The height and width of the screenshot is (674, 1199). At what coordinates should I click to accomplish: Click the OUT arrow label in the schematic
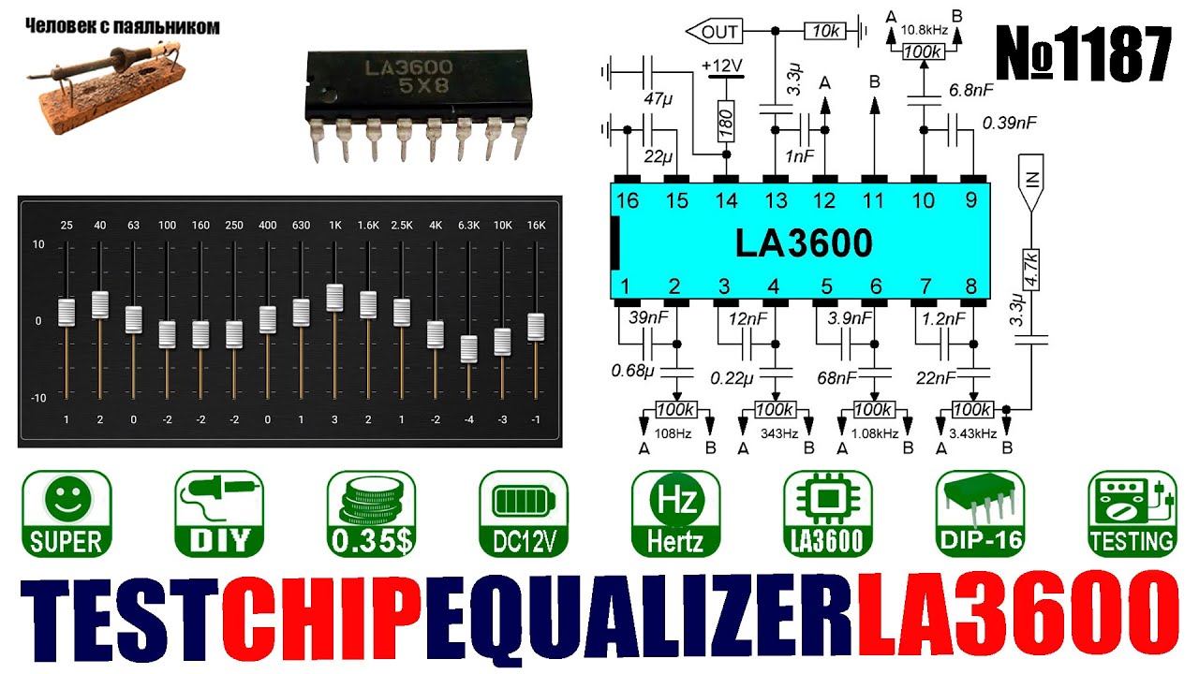point(715,32)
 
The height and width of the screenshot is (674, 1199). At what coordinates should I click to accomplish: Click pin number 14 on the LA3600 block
point(725,200)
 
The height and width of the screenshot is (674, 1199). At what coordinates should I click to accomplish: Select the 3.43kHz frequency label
point(973,433)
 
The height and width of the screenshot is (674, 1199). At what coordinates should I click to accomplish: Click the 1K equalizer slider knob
point(334,297)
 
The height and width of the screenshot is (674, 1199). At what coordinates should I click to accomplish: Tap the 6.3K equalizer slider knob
point(468,348)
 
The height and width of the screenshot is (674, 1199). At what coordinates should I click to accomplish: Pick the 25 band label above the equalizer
point(66,225)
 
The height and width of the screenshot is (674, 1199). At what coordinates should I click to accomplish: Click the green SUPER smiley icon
point(66,513)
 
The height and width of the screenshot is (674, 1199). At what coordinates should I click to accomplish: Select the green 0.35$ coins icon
point(371,513)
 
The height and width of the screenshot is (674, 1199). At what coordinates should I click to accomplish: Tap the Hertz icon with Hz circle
point(675,513)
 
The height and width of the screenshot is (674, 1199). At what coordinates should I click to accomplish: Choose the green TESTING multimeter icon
point(1132,513)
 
